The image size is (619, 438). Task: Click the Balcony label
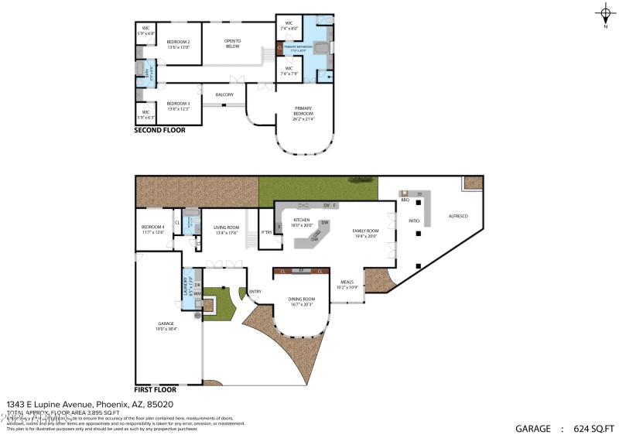[x=224, y=94]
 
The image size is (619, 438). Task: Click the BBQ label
[x=405, y=200]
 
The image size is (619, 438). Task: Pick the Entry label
[x=255, y=292]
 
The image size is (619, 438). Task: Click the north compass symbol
[x=605, y=14]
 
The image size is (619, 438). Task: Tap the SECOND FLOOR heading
[x=160, y=131]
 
